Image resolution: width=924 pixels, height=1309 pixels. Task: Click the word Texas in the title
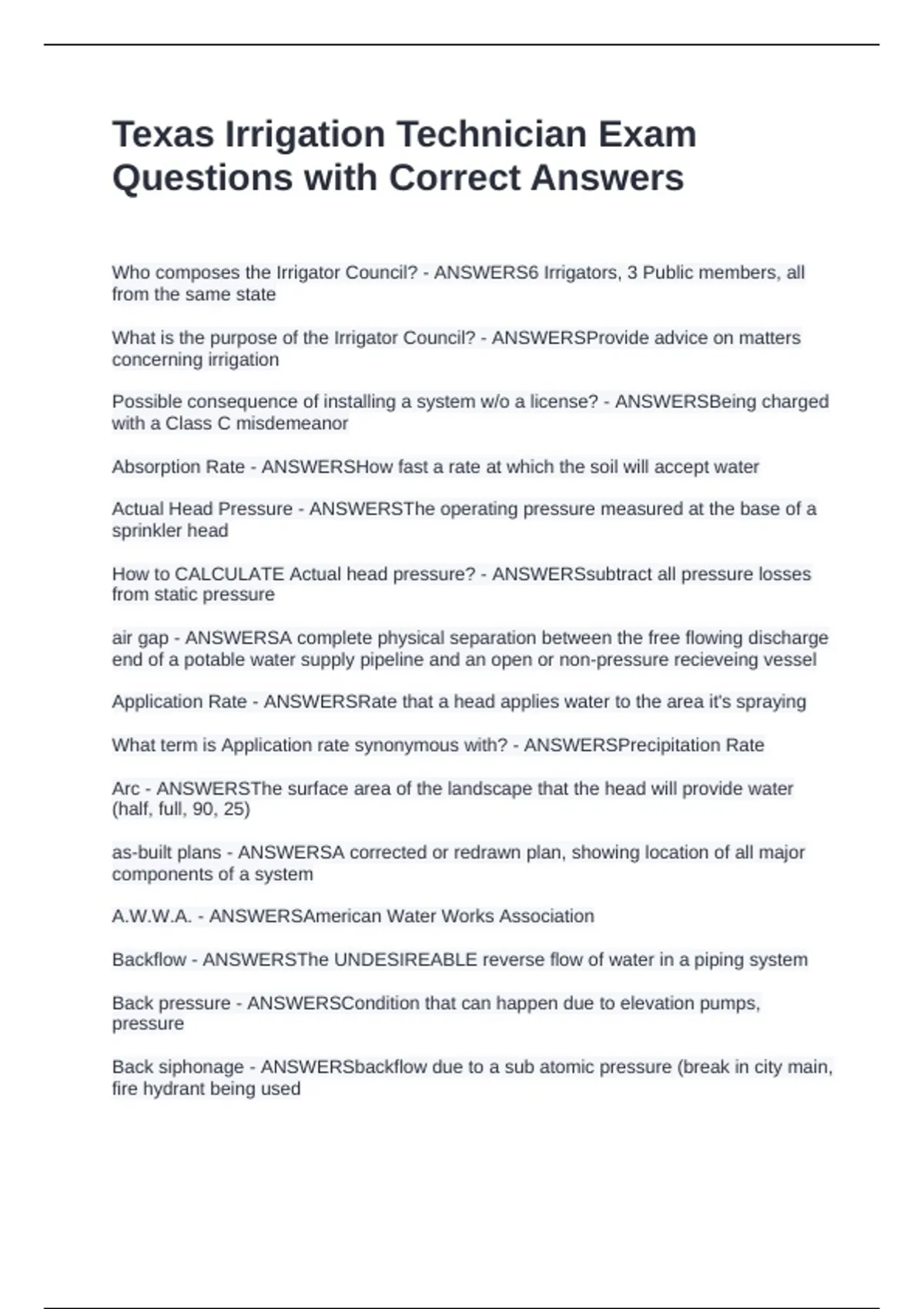click(162, 134)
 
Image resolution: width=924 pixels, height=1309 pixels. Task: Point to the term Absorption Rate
click(178, 467)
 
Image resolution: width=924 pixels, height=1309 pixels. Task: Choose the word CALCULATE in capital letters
click(229, 574)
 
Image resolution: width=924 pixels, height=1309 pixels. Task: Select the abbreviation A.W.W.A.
click(152, 916)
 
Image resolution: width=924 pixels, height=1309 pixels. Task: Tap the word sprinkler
click(145, 531)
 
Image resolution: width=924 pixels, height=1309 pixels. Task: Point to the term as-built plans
click(166, 852)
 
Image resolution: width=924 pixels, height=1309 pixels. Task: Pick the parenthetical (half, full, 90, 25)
click(181, 809)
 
